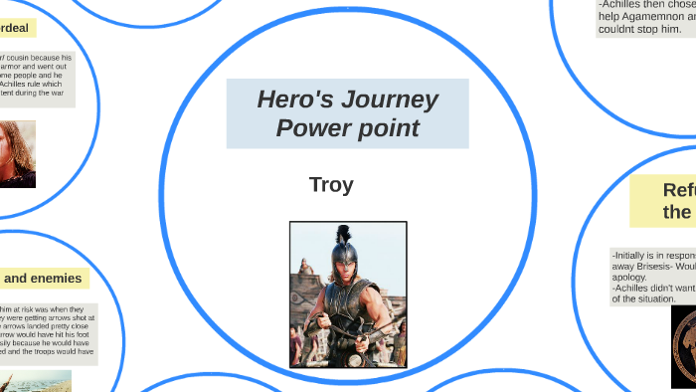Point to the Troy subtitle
(331, 185)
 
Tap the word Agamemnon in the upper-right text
(657, 16)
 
